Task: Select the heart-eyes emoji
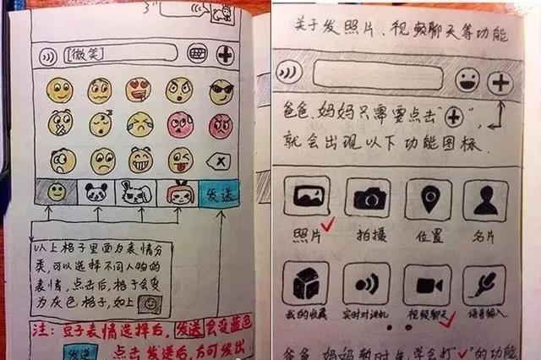(x=138, y=89)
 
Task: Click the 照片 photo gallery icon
(x=306, y=199)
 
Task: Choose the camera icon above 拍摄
(x=368, y=199)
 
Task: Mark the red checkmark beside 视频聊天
(x=451, y=316)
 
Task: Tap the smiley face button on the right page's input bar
(x=467, y=81)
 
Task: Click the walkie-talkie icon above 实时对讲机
(x=367, y=284)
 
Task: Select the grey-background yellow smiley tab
(x=56, y=193)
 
